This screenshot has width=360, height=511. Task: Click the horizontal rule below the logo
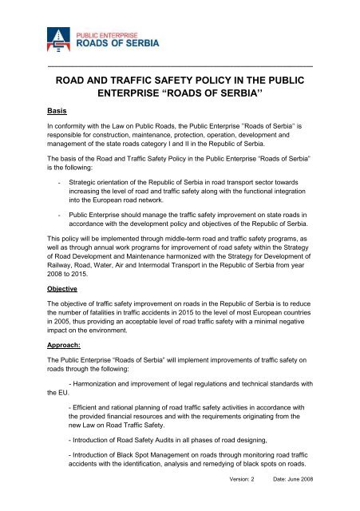(x=180, y=64)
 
